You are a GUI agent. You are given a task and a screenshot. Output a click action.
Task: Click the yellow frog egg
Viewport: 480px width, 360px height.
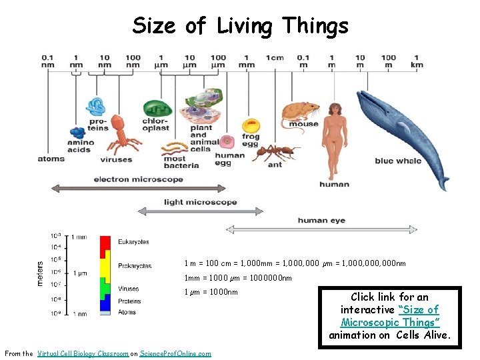tap(251, 126)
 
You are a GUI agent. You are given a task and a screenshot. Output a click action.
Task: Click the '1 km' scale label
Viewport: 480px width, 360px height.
tap(417, 61)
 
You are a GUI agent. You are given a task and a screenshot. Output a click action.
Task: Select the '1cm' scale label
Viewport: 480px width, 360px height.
tap(275, 57)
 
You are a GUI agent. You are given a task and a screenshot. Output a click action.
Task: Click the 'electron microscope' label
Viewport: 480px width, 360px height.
tap(138, 179)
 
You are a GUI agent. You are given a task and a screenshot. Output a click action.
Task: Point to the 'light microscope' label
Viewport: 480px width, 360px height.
tap(200, 202)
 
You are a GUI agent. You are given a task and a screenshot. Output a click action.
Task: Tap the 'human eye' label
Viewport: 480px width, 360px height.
tap(321, 220)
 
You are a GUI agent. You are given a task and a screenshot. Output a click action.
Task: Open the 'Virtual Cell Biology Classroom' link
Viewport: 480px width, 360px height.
tap(83, 353)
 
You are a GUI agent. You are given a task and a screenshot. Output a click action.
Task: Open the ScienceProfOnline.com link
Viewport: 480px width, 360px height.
tap(175, 353)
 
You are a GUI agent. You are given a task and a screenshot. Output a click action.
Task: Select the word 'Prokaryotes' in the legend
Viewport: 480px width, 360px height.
tap(135, 266)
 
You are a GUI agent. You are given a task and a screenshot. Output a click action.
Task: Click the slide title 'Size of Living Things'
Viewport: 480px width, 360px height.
tap(240, 26)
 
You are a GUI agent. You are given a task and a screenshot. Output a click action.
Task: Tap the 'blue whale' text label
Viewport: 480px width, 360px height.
tap(398, 161)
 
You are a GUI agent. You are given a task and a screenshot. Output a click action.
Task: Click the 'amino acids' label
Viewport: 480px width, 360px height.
tap(79, 146)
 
